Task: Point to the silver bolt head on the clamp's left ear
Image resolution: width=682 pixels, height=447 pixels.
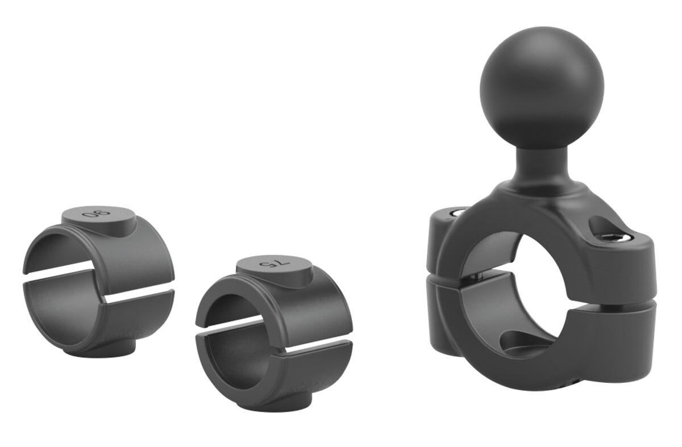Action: tap(459, 212)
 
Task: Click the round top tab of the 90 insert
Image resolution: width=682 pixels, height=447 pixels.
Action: tap(99, 220)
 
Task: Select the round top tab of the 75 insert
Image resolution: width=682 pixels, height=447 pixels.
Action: tap(275, 269)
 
